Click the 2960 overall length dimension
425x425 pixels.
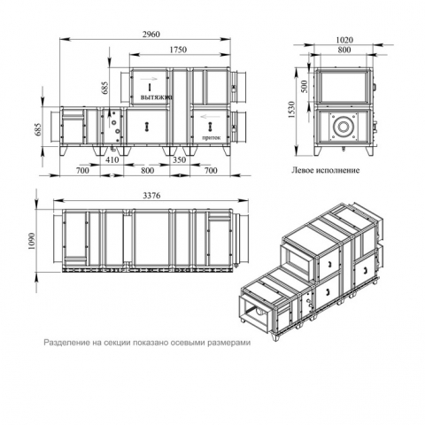pos(151,35)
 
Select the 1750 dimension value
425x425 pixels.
pos(178,50)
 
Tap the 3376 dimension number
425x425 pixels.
pos(151,196)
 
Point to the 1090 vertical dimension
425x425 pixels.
pos(32,241)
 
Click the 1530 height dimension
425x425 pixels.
pos(291,110)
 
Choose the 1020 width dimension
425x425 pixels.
pos(344,40)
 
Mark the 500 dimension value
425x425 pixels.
pos(304,86)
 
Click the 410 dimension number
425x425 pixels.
pos(112,159)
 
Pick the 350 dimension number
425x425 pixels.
pos(179,159)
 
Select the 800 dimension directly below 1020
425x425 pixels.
pos(344,50)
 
